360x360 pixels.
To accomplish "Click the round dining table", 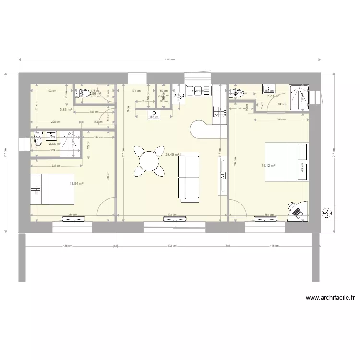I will click(x=150, y=160).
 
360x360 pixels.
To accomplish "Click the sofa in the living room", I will click(x=189, y=175).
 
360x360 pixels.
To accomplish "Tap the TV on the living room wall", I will click(x=223, y=176).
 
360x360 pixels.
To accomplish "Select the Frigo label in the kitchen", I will click(x=180, y=95).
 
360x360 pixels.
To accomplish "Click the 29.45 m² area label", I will click(x=172, y=155).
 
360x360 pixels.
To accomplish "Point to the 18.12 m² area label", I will click(x=268, y=166).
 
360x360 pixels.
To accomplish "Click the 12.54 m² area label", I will click(x=76, y=183).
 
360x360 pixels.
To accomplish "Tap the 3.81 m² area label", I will click(x=273, y=96).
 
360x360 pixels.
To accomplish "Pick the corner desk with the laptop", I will click(x=297, y=210).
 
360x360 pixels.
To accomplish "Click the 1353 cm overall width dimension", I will click(x=169, y=60).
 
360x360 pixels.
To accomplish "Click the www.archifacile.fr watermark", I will click(x=330, y=298).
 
